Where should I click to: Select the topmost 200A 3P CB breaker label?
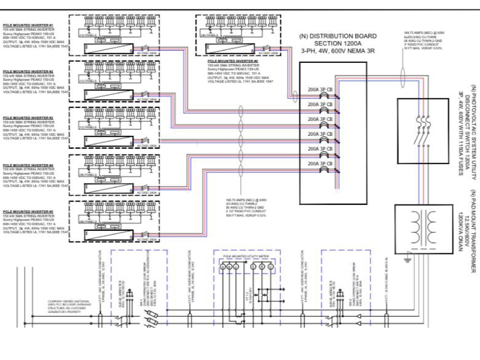(320, 89)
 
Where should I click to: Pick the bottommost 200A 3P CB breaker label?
(320, 164)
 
